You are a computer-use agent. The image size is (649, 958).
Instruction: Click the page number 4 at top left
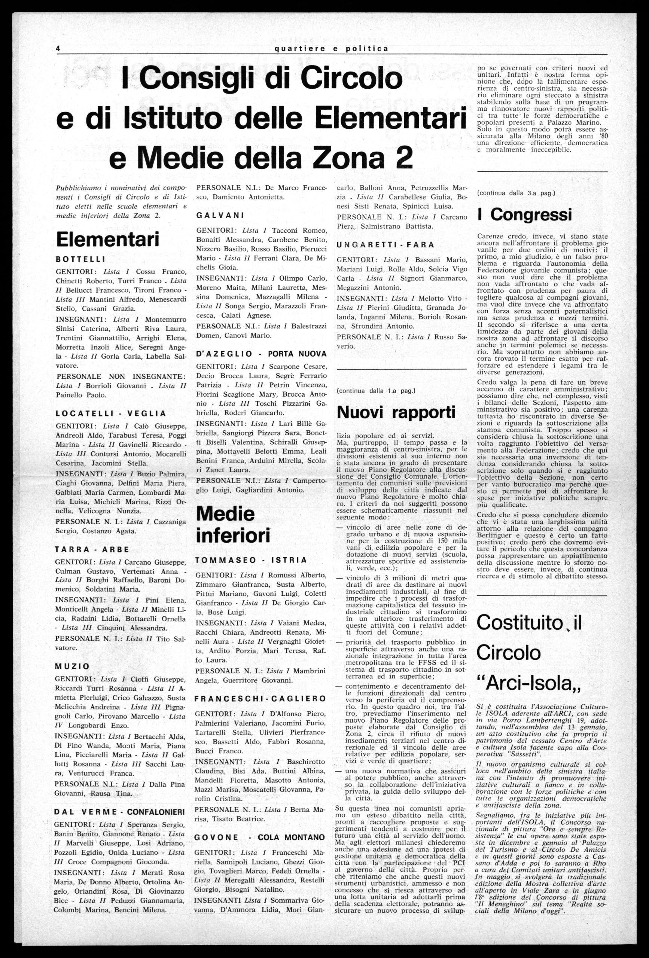pos(58,49)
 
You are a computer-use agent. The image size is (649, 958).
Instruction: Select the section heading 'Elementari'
pos(108,239)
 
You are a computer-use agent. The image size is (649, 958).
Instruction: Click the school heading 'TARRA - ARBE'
pos(92,549)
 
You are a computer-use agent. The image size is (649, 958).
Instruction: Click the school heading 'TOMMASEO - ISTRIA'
pos(252,560)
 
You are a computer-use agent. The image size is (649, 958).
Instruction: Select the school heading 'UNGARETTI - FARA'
pos(386,244)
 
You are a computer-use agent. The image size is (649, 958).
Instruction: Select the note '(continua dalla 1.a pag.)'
pos(376,390)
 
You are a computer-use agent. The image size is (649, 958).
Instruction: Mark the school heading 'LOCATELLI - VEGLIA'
pos(111,414)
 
